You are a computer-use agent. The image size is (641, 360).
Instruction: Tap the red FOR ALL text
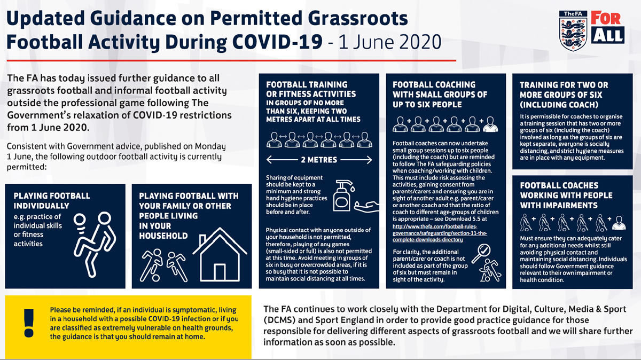[x=607, y=27]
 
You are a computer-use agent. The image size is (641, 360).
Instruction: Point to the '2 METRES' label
[x=318, y=159]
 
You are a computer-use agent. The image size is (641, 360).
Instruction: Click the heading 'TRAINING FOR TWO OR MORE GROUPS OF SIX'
[x=564, y=95]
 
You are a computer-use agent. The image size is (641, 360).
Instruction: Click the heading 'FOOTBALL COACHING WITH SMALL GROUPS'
[x=440, y=94]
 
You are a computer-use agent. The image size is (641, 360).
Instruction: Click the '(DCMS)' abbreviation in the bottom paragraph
[x=280, y=320]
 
